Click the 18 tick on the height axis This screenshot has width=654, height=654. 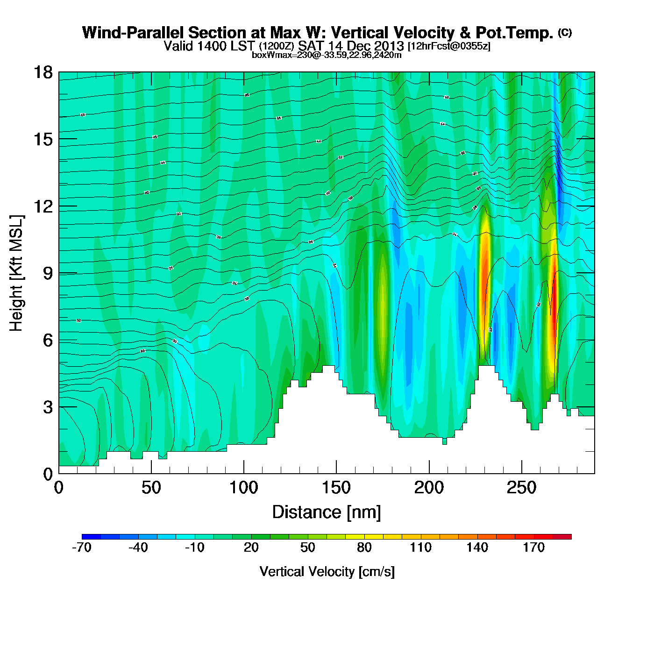coord(43,72)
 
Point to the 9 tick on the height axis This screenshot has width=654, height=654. coord(48,273)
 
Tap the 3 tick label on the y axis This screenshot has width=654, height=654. coord(48,407)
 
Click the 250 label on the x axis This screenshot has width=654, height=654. coord(521,488)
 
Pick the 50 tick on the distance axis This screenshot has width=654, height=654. coord(151,488)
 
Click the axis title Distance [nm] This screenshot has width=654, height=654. coord(327,512)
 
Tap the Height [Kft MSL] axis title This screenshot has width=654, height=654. coord(16,273)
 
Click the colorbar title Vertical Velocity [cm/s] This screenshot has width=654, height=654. coord(327,571)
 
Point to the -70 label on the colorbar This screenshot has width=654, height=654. coord(82,547)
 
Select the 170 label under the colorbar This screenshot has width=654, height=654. coord(533,547)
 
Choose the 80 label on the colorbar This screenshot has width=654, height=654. coord(364,547)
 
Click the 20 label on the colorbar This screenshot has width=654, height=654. coord(251,547)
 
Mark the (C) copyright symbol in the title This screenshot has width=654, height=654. coord(565,32)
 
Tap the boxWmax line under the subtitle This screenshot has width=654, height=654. coord(327,55)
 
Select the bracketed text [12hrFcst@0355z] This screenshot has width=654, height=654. coord(449,46)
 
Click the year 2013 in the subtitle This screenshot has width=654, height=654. coord(389,46)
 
